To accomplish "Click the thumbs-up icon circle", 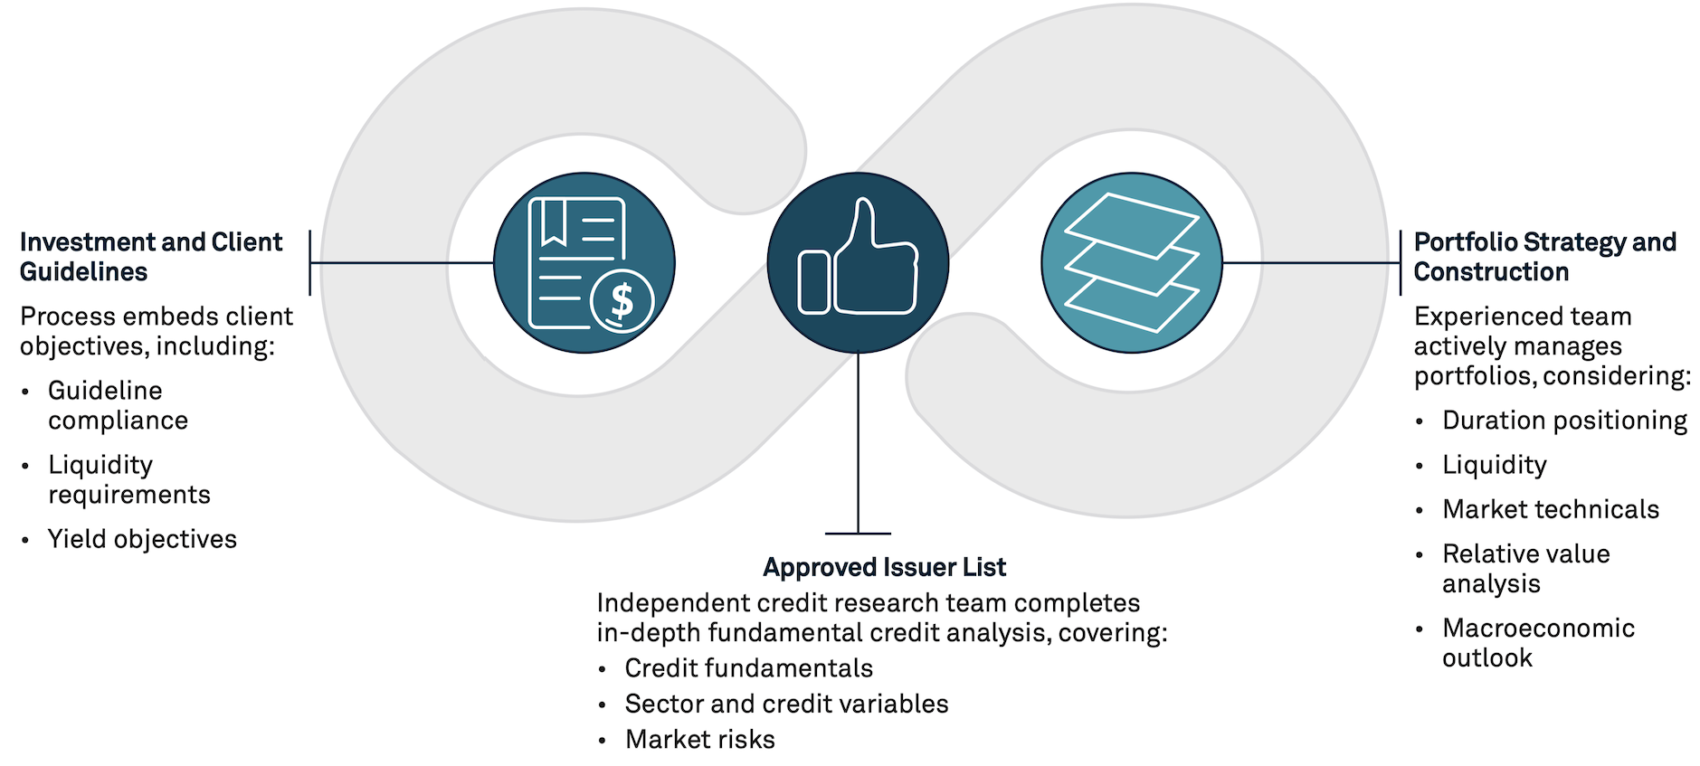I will click(857, 262).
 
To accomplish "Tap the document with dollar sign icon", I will click(584, 262).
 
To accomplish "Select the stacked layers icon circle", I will click(1131, 262).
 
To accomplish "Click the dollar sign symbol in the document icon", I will click(622, 300).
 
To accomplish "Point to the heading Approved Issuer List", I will click(884, 567).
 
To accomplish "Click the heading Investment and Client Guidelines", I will click(150, 257).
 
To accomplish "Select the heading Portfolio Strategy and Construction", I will click(1544, 257).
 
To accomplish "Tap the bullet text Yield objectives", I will click(142, 539).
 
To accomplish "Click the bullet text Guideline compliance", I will click(118, 405).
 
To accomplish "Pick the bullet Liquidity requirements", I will click(128, 479).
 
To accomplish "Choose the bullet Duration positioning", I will click(1564, 421).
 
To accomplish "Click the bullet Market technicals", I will click(1550, 509).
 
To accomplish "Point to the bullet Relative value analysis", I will click(1525, 568).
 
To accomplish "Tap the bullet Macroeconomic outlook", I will click(1538, 642).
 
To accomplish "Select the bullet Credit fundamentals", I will click(748, 668).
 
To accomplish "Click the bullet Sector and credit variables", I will click(786, 704).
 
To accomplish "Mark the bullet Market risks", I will click(699, 740).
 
